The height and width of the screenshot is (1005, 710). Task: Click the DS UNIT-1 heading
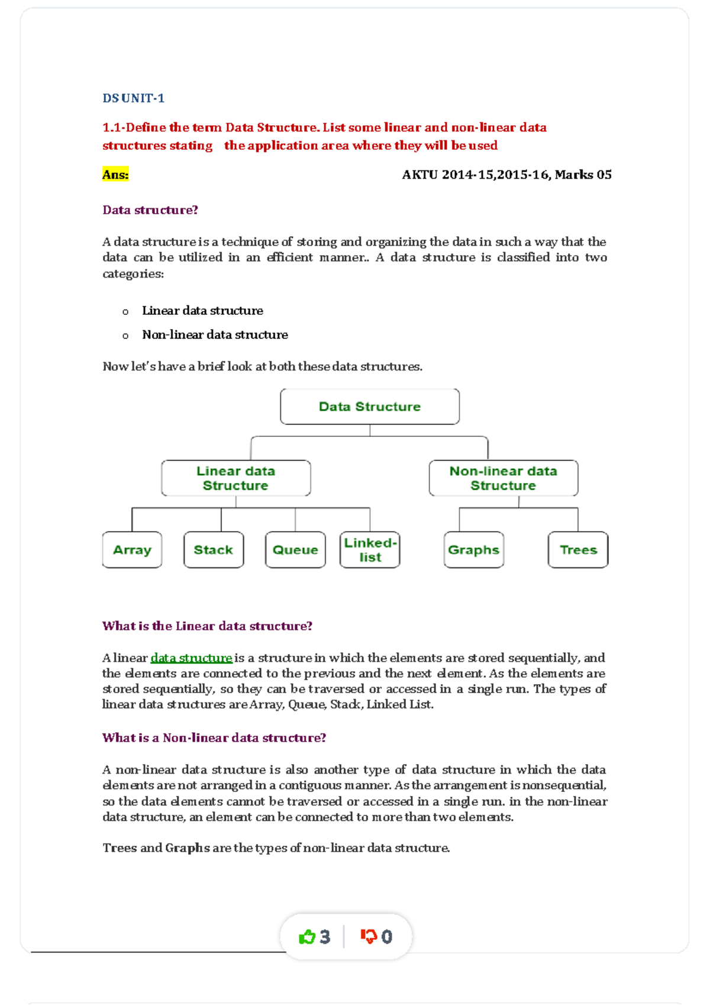pos(133,98)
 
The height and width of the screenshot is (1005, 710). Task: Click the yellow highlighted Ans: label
pos(115,175)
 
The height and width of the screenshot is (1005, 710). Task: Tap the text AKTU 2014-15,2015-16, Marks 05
pos(506,175)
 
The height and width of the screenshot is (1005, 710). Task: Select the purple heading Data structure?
pos(150,210)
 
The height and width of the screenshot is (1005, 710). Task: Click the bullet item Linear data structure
pos(202,311)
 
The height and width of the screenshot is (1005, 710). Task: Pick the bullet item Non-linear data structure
pos(215,335)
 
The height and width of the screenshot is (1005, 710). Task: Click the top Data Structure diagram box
pos(370,407)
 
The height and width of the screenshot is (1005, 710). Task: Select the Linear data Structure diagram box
pos(235,478)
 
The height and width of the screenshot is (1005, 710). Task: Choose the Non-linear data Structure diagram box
pos(503,478)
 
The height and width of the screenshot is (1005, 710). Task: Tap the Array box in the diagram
pos(132,550)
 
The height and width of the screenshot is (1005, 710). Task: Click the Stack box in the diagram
pos(214,550)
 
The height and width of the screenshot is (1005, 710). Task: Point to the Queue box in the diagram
pos(295,550)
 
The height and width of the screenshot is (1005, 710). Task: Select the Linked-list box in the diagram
pos(370,550)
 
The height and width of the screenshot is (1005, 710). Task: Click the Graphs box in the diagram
pos(473,550)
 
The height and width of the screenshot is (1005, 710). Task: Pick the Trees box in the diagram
pos(578,550)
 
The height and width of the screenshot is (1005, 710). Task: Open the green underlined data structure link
pos(191,658)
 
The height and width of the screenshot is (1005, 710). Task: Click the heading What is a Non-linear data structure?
pos(214,738)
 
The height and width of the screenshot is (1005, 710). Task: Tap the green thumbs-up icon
pos(307,937)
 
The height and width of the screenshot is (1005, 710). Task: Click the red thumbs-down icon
pos(369,937)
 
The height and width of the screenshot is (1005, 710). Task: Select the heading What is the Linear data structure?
pos(207,626)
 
